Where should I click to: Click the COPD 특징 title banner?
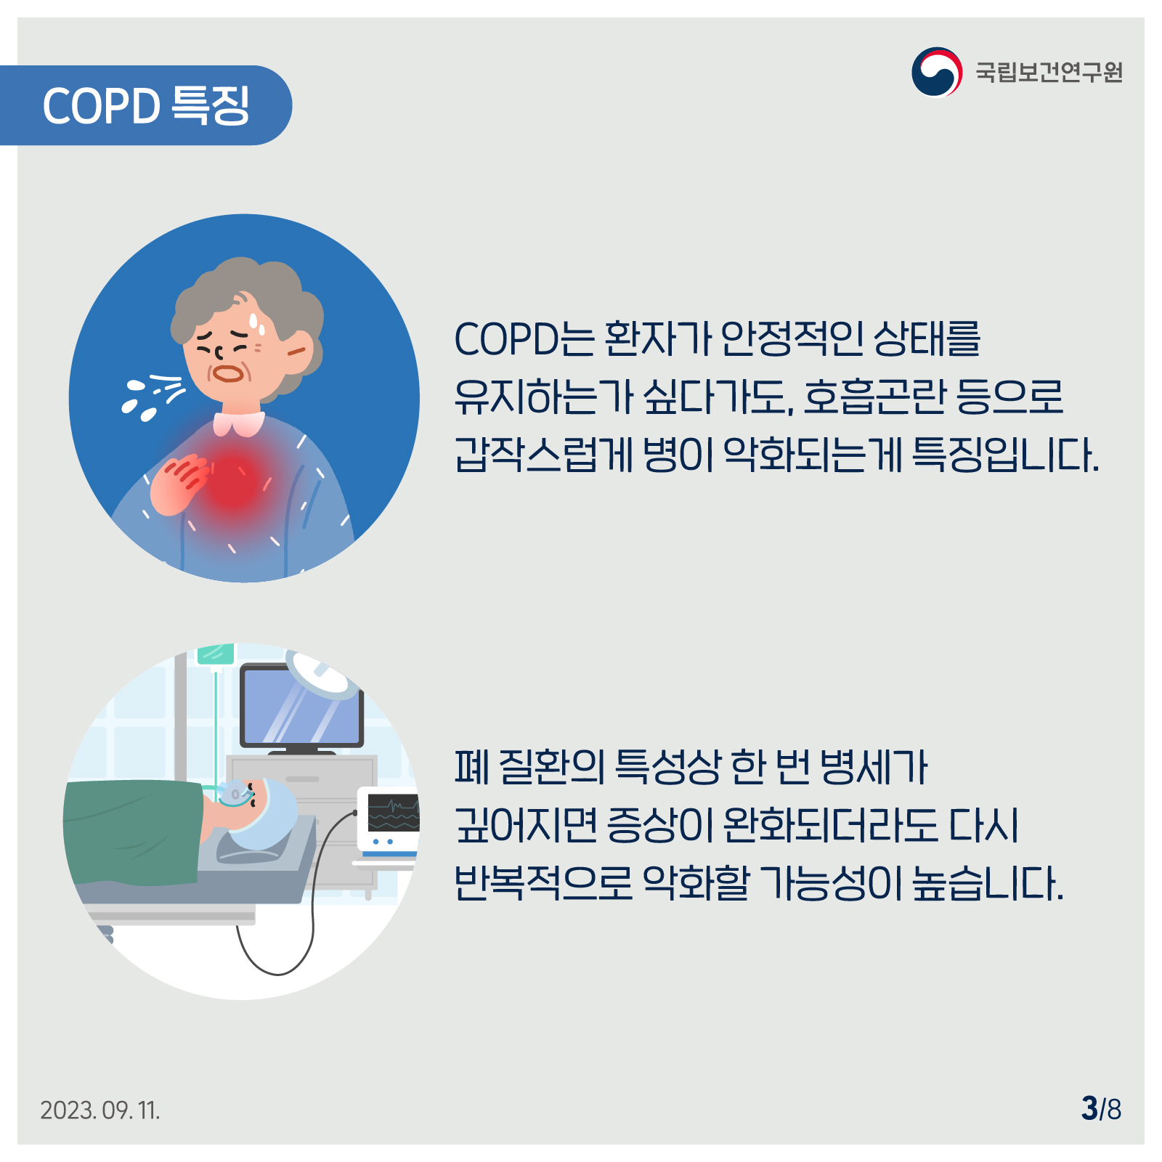[x=145, y=105]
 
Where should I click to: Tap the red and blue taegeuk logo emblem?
[x=937, y=71]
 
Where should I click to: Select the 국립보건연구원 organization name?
[x=1049, y=72]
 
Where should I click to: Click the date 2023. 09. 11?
[x=100, y=1110]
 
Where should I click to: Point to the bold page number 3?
[x=1089, y=1108]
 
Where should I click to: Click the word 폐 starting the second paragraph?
[x=472, y=767]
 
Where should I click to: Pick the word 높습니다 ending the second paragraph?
[x=988, y=883]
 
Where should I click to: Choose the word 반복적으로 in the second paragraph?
[x=544, y=883]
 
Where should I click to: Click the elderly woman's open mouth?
[x=228, y=373]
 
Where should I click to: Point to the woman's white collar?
[x=239, y=423]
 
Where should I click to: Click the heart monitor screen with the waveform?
[x=394, y=813]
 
